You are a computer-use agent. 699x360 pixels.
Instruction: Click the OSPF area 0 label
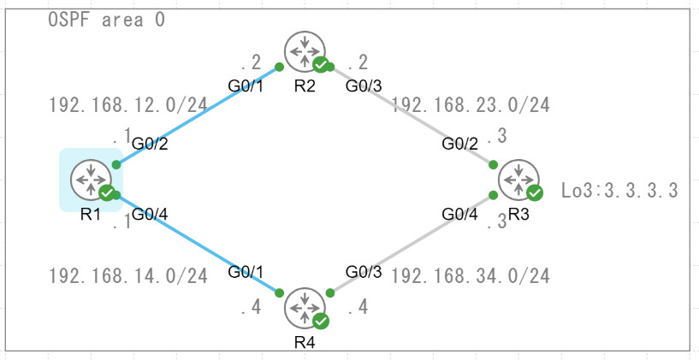point(106,19)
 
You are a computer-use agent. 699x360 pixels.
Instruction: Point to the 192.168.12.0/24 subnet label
point(128,105)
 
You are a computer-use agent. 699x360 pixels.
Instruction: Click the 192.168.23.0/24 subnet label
point(470,105)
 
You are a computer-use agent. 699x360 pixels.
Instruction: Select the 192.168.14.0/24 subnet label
point(128,276)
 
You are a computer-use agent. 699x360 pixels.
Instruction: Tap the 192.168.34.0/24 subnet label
point(470,276)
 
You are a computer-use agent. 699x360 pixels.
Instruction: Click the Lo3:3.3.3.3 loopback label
point(620,190)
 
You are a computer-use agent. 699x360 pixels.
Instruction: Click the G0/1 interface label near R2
point(245,86)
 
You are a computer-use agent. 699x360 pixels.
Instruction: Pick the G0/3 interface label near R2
point(363,86)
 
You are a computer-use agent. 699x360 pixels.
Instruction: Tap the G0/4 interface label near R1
point(150,213)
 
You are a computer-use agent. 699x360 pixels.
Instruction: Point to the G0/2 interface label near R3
point(459,143)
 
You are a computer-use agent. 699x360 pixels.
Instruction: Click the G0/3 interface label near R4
point(363,272)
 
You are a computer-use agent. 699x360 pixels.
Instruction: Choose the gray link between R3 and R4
point(411,244)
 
